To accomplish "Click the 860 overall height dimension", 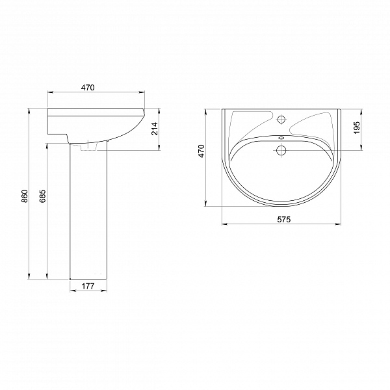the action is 24,196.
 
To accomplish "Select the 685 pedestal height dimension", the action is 42,196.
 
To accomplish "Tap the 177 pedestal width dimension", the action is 88,286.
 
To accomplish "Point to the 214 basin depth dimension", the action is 155,129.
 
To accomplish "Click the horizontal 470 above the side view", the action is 88,88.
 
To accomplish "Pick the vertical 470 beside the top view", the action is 201,151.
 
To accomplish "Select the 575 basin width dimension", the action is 284,220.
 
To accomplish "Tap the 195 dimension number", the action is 357,127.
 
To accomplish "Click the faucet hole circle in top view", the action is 281,120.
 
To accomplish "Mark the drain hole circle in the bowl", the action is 281,150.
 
